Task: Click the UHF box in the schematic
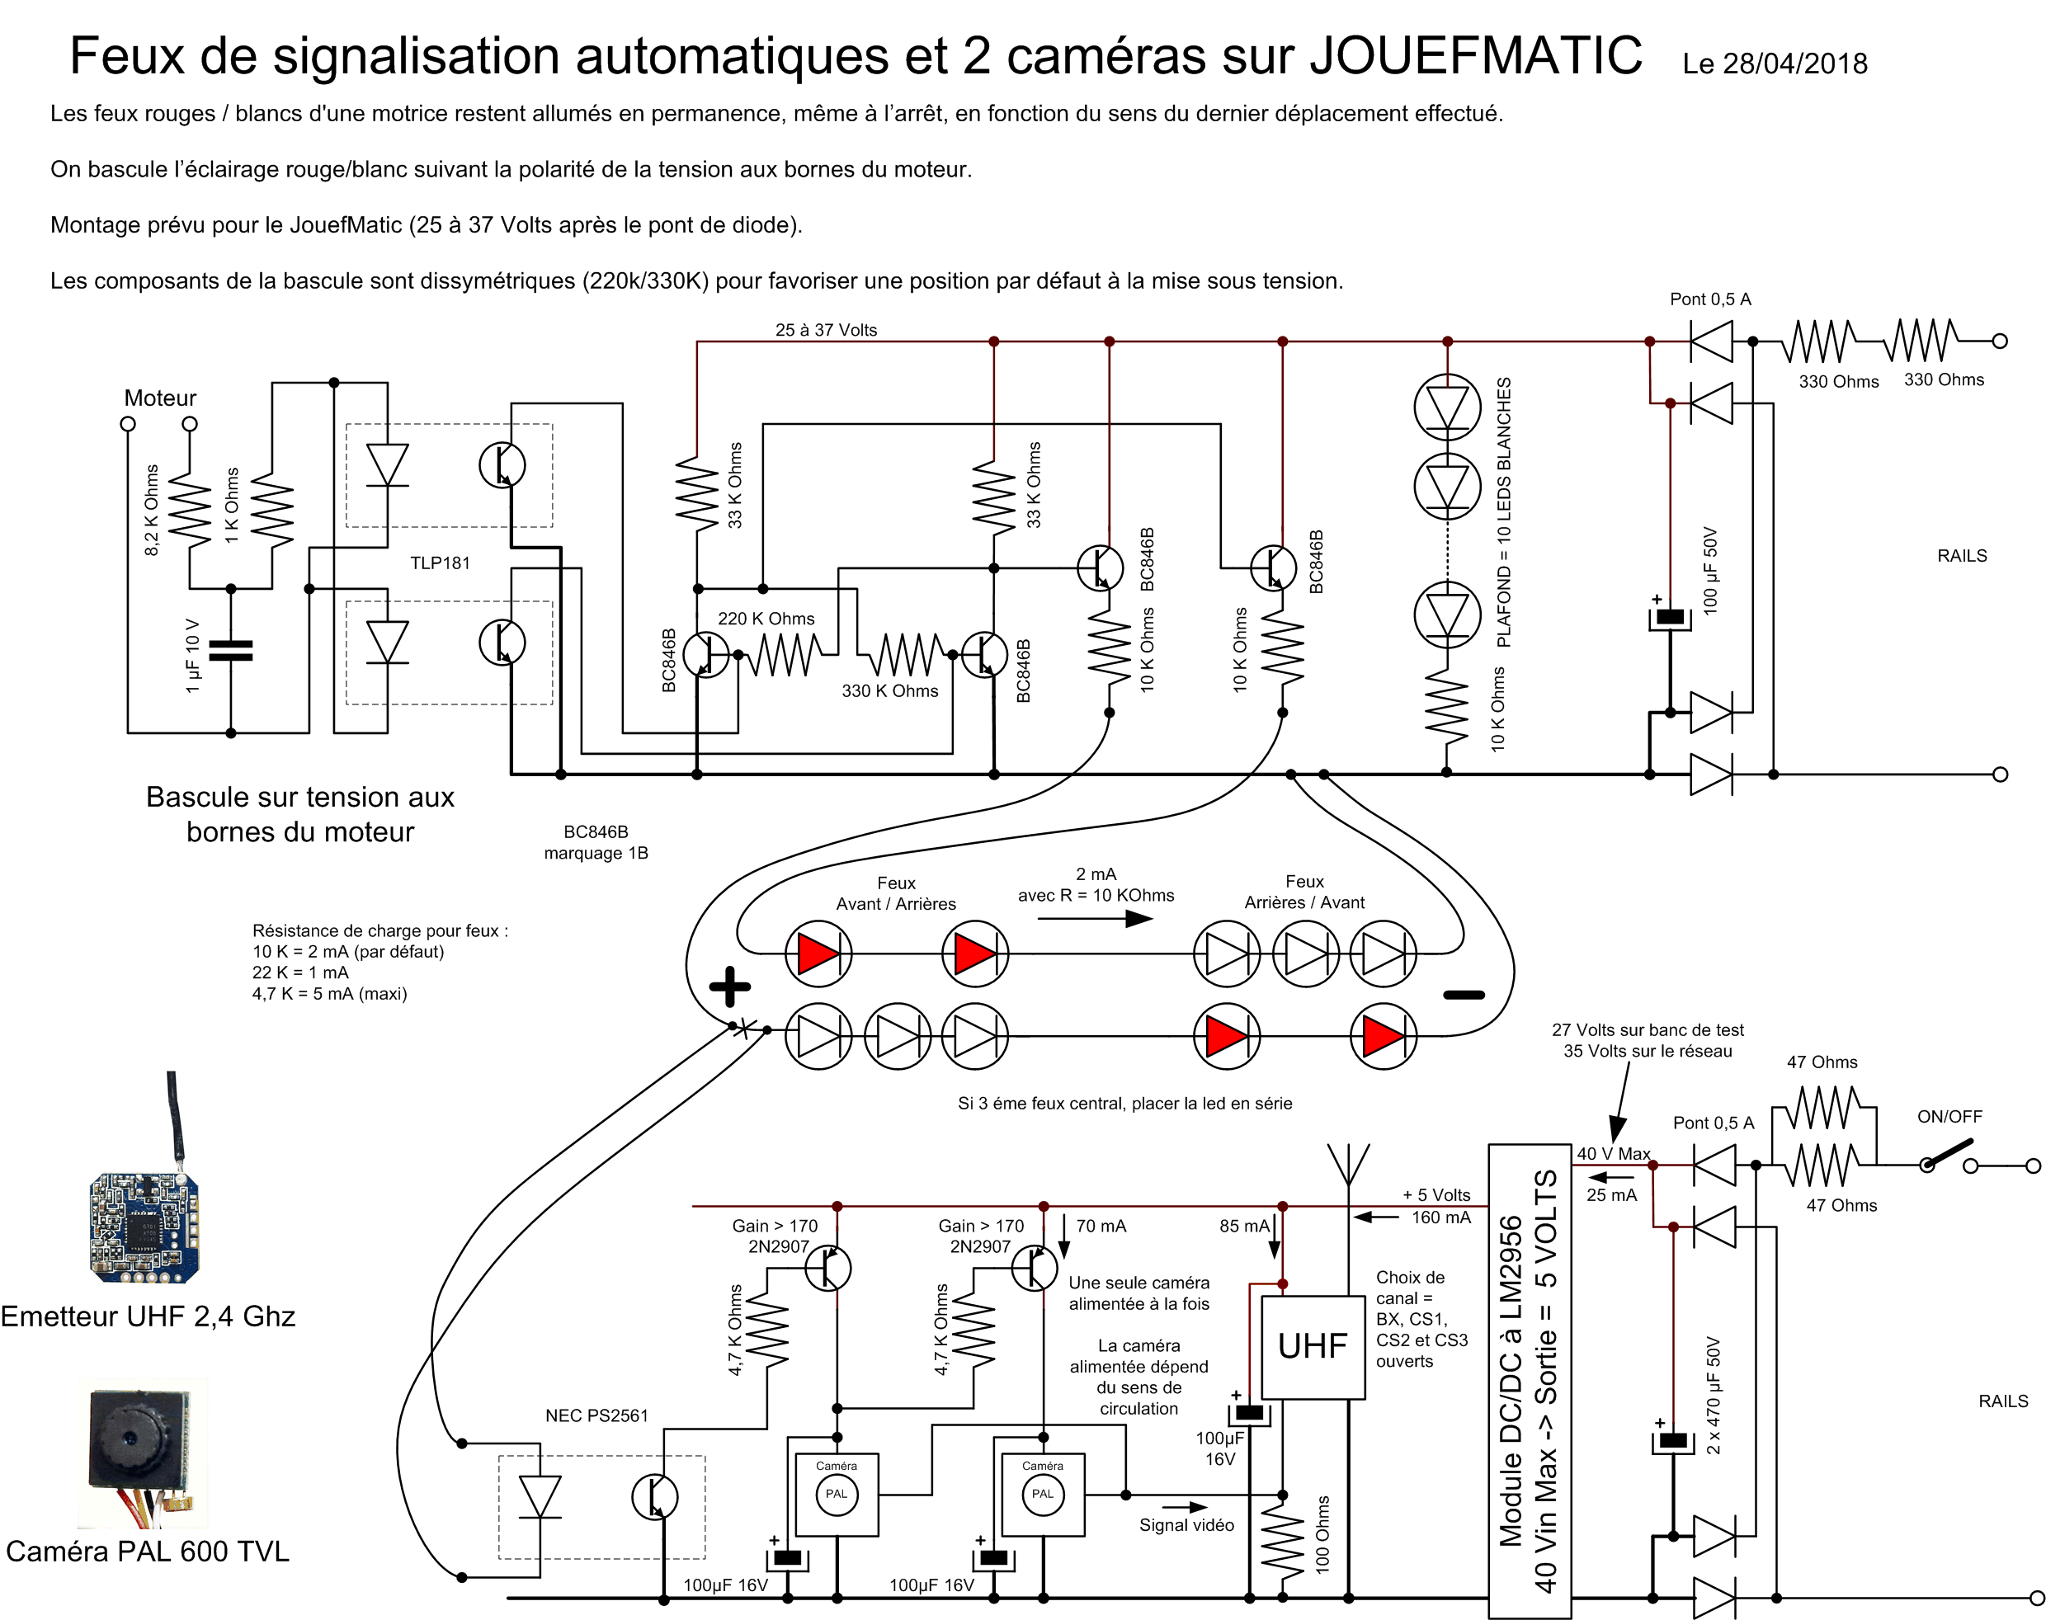(x=1313, y=1347)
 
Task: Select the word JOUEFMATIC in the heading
(x=1476, y=55)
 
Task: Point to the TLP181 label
(x=440, y=563)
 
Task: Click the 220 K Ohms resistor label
(x=766, y=619)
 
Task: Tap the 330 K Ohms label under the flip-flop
(x=889, y=690)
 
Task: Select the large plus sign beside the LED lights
(x=729, y=987)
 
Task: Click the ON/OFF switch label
(x=1949, y=1116)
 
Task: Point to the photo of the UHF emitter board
(x=144, y=1227)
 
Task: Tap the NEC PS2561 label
(x=596, y=1415)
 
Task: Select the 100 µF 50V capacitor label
(x=1710, y=570)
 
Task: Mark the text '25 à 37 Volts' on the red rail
(x=826, y=330)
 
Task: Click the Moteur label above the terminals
(x=160, y=398)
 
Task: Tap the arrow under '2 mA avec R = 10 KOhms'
(x=1095, y=918)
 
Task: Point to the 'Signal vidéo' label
(x=1186, y=1525)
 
